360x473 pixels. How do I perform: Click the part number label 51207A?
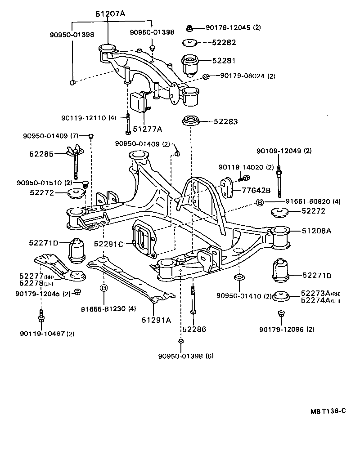click(110, 14)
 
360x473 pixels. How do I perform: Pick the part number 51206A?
click(316, 231)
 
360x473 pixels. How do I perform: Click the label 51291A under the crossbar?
click(156, 320)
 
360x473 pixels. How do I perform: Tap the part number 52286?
click(194, 329)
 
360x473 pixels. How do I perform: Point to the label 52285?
click(42, 154)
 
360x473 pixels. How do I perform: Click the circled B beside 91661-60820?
click(259, 202)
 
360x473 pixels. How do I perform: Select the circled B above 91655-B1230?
click(103, 288)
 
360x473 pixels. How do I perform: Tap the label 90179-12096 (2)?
click(286, 329)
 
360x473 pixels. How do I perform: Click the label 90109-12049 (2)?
click(283, 151)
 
